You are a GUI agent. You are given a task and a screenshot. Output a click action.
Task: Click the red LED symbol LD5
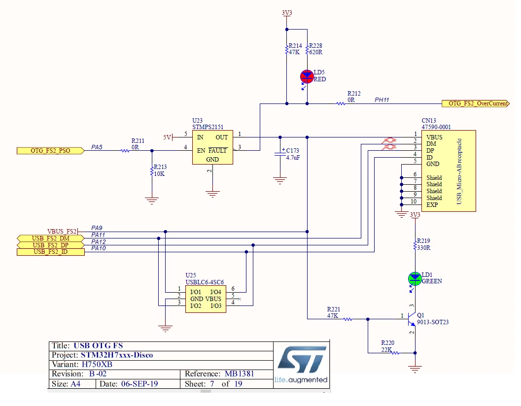coord(307,77)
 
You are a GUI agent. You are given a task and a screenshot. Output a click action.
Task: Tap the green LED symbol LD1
coord(415,279)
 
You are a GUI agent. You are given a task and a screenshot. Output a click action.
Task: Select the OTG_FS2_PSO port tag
coord(50,151)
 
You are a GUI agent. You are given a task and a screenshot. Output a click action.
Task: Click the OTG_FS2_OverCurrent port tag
coord(476,103)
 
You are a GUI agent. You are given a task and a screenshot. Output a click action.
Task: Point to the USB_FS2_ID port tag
coord(50,252)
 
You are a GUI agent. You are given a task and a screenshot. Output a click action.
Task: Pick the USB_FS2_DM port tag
coord(50,238)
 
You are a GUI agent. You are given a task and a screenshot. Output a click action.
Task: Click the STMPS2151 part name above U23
coord(208,127)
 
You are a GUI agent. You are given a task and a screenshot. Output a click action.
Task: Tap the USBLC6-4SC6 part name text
coord(205,282)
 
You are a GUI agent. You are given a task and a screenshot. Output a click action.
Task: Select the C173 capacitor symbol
coord(280,154)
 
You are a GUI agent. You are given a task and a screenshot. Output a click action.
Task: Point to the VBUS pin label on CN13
coord(434,137)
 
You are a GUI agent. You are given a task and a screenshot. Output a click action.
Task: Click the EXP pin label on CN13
coord(432,204)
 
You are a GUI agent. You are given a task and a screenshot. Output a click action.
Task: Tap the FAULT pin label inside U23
coord(218,150)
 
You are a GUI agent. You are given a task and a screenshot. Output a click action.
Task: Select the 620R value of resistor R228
coord(315,52)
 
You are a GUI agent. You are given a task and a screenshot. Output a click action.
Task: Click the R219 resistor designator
coord(423,240)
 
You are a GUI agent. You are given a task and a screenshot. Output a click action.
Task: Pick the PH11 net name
coord(382,100)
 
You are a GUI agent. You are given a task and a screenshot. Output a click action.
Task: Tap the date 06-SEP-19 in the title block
coord(139,384)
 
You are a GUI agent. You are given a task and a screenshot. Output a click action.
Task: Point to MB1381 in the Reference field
coord(239,374)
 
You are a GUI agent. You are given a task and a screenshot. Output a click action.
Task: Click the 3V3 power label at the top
coord(287,13)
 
